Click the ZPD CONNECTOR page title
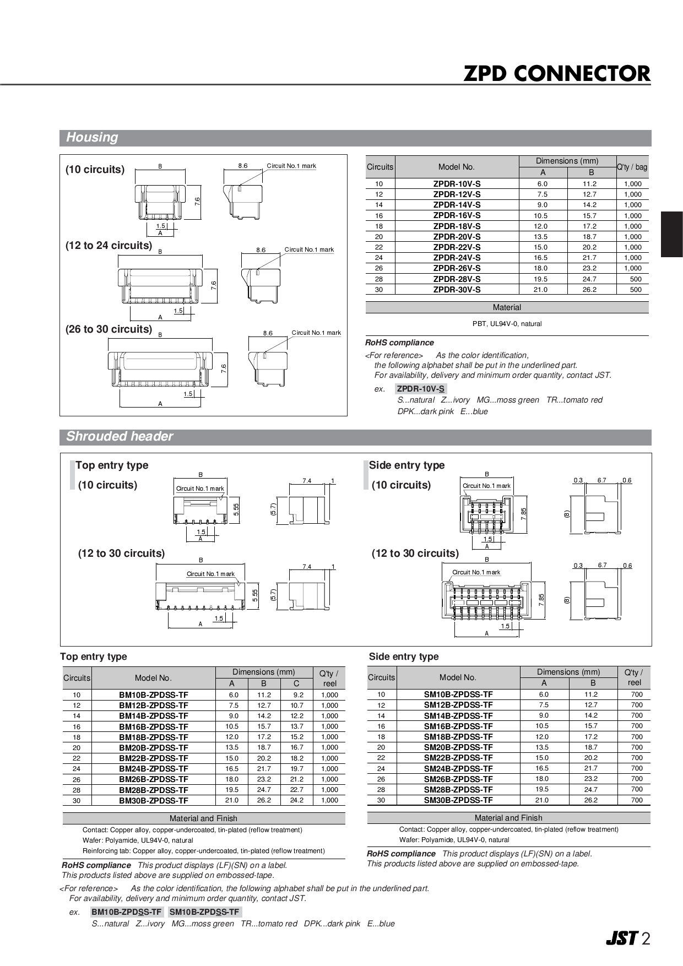[x=556, y=73]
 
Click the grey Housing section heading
[x=92, y=138]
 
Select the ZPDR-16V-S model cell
[x=457, y=215]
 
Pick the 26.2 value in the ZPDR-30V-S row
[x=589, y=290]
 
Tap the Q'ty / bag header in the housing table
[x=632, y=167]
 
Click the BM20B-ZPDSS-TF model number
[x=154, y=748]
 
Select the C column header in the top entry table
[x=296, y=683]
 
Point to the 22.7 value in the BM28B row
[x=297, y=790]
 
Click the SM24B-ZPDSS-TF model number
[x=458, y=768]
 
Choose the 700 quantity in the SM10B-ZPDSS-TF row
[x=637, y=694]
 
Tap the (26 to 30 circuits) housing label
[x=109, y=329]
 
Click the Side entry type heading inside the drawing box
[x=406, y=465]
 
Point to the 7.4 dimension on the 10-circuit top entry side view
[x=307, y=481]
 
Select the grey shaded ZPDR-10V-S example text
[x=421, y=389]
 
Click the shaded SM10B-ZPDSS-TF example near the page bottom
[x=204, y=912]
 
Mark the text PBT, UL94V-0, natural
[x=507, y=324]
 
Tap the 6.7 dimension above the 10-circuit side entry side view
[x=601, y=480]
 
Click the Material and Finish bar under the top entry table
[x=203, y=818]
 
